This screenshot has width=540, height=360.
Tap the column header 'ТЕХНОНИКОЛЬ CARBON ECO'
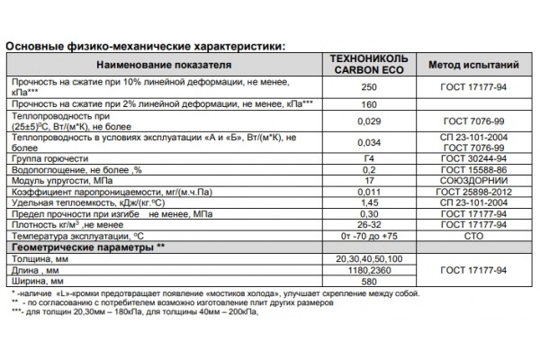[366, 66]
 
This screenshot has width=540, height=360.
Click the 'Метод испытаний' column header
[472, 66]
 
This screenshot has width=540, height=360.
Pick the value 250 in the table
[366, 88]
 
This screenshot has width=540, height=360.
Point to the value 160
[366, 105]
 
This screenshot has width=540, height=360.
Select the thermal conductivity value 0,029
[366, 121]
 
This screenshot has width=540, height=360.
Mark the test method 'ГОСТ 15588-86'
[472, 168]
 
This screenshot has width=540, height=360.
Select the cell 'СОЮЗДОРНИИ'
[472, 180]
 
